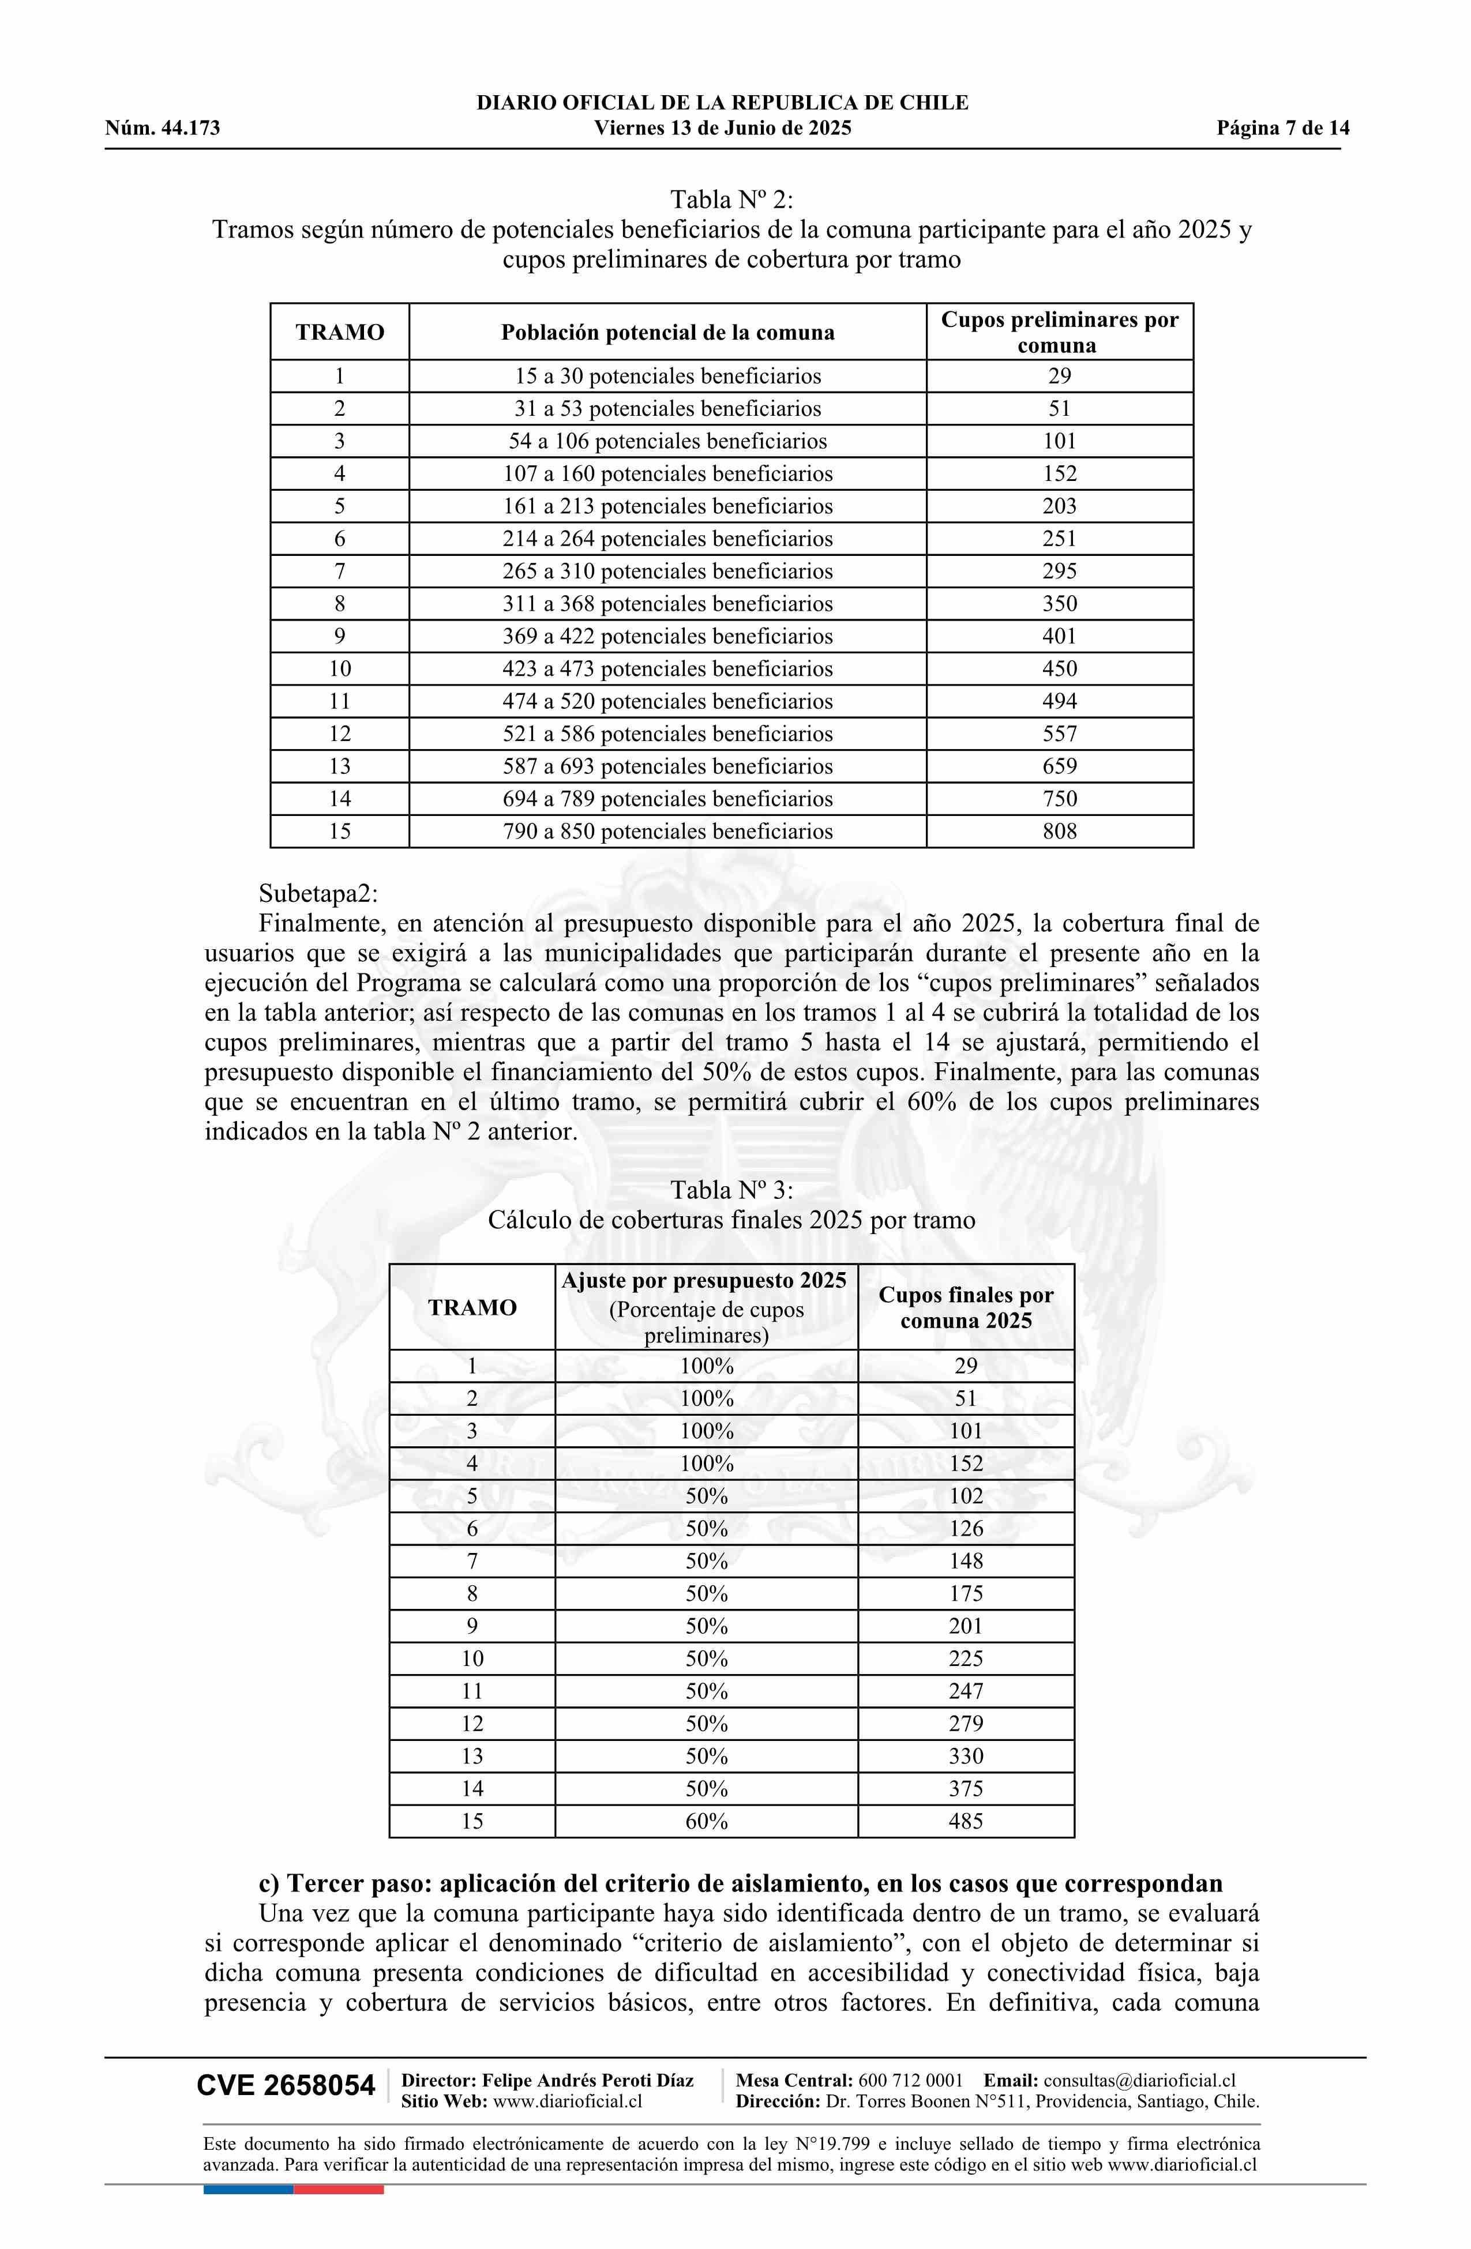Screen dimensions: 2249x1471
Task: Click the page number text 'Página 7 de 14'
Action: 1283,129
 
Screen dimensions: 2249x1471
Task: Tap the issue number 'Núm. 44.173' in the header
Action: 163,129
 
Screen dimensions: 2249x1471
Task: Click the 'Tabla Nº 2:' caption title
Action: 731,200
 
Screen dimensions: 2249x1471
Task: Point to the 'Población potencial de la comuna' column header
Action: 667,333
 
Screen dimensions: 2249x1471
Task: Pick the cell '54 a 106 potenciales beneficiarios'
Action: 667,441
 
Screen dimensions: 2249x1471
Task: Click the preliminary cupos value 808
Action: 1060,832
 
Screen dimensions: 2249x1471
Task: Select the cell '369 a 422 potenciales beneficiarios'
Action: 667,636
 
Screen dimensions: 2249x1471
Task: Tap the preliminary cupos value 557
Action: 1060,734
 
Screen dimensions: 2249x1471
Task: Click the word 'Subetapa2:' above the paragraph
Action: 318,893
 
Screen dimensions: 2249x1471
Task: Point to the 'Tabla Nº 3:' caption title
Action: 731,1190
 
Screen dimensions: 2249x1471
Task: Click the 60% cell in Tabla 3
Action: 706,1821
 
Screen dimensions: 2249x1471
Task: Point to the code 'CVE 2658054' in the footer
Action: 286,2086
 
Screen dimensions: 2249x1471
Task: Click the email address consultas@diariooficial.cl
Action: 1139,2080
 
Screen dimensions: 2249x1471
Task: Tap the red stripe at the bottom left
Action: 339,2188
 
